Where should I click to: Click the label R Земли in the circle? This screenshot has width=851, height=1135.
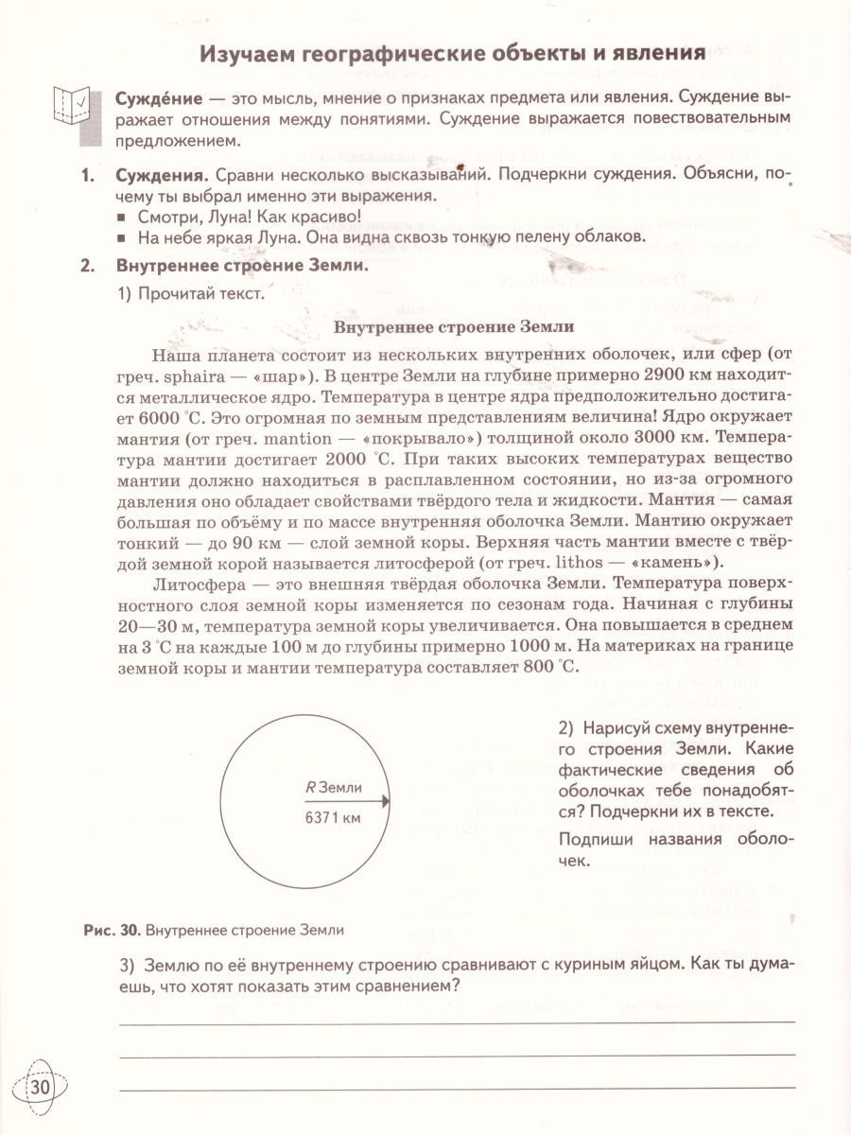click(x=335, y=787)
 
